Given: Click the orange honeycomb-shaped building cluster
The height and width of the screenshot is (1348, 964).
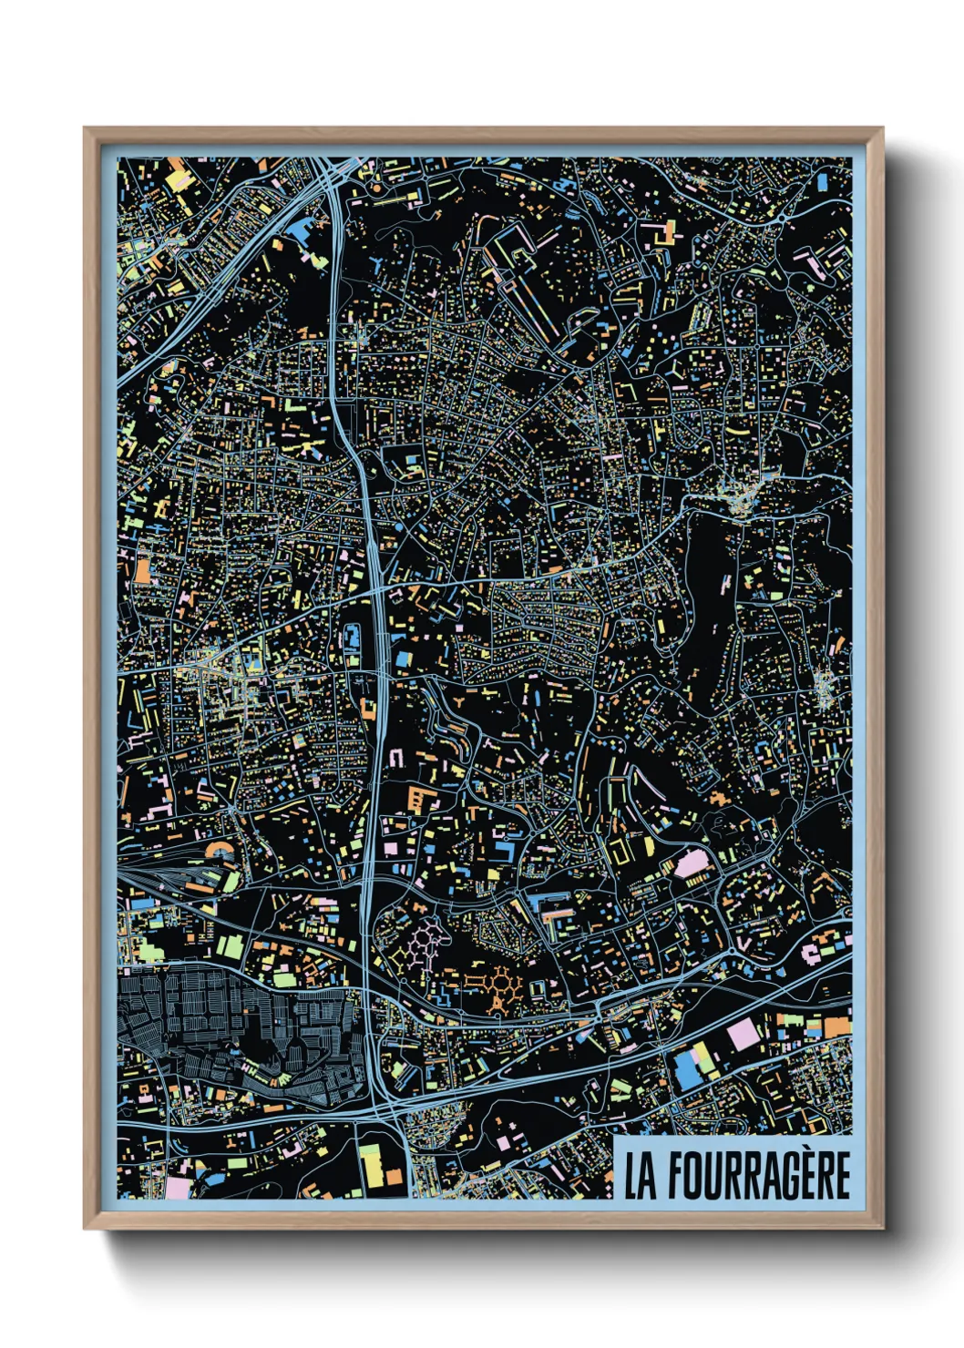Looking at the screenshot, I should tap(500, 987).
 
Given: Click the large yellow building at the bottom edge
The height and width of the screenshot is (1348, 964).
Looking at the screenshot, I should tap(370, 1167).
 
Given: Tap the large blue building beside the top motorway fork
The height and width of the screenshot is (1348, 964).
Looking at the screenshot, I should tap(301, 233).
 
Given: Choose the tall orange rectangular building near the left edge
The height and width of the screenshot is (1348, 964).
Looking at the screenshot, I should tap(142, 570).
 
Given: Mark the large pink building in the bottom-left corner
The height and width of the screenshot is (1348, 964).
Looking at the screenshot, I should tap(178, 1189).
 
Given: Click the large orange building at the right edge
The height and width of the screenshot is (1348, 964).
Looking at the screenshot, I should tap(836, 1026).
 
